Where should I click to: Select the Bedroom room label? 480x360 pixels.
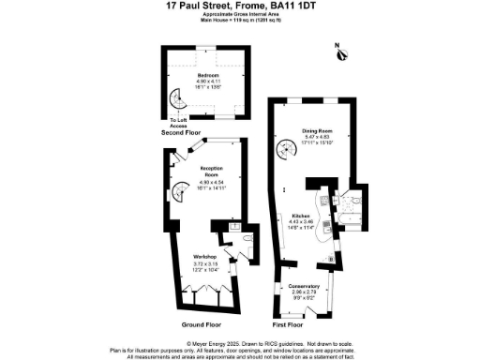207,75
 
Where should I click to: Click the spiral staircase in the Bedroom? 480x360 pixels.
175,99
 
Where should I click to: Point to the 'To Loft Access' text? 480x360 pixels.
179,123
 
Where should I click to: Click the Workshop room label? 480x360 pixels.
205,257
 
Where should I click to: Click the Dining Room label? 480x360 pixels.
318,131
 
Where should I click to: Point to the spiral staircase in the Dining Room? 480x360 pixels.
283,148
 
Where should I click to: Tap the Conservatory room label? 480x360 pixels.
304,286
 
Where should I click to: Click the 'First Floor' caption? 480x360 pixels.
287,324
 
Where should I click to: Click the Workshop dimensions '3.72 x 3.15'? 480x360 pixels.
205,263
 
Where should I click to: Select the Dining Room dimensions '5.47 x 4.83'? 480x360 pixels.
318,138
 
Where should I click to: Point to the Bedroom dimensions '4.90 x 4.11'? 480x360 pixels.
207,82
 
